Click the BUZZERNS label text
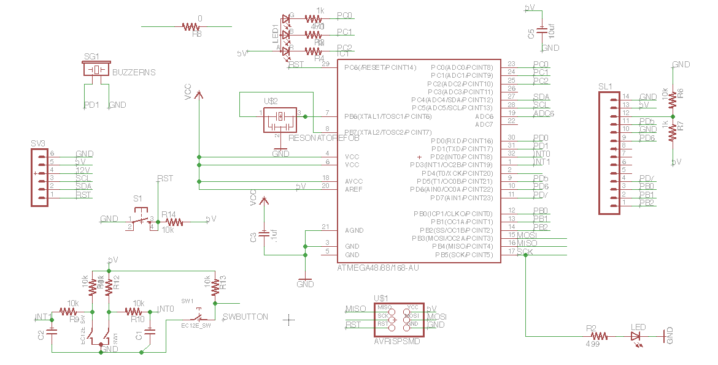point(134,72)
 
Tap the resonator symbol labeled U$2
point(280,118)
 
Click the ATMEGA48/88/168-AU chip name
point(378,268)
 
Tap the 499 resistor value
point(593,345)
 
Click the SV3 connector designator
point(38,143)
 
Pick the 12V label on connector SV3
point(83,170)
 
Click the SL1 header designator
point(605,86)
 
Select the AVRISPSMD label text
point(397,341)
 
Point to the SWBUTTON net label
point(245,317)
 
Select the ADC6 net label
point(544,113)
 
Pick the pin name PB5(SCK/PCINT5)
point(464,255)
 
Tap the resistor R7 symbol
point(673,131)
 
